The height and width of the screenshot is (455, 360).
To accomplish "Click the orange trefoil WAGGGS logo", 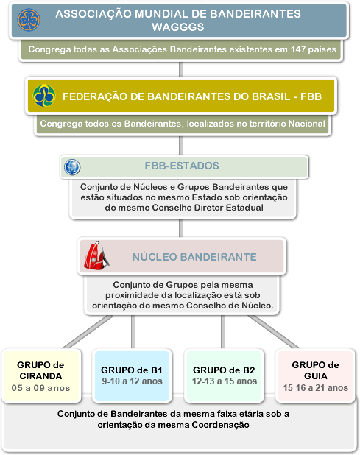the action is pos(29,20).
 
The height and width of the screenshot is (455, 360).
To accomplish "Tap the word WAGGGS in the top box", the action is pos(178,27).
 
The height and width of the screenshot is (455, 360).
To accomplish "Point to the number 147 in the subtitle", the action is pos(298,49).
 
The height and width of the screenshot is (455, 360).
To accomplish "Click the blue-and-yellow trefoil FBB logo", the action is pos(44,96).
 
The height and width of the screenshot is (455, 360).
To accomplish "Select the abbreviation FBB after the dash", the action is pos(311,96).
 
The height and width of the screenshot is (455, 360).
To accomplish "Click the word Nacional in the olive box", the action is pos(306,124).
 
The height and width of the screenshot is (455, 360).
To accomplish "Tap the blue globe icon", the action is pos(72,167).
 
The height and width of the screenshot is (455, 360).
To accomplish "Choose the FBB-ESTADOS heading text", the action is pos(182,166).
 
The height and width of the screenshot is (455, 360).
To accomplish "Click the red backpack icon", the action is pos(96,255).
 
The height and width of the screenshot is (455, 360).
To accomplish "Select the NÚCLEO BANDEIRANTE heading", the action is pos(194,257).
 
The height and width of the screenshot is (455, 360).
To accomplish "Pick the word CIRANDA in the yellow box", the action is pos(40,376).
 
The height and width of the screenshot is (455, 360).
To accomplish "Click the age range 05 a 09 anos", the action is pos(40,388).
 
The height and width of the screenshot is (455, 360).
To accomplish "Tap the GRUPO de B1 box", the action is pos(132,375).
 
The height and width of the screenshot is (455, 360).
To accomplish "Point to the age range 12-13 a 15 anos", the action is pos(225,381).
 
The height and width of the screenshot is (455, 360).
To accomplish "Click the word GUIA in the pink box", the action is pos(316,376).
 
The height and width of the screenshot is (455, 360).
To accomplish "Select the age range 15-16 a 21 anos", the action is pos(316,388).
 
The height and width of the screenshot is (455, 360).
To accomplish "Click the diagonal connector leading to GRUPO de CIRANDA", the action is pos(88,331).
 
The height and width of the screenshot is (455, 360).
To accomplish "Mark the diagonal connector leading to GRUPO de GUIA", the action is pos(274,331).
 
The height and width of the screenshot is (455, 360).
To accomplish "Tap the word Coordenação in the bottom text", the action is pos(220,425).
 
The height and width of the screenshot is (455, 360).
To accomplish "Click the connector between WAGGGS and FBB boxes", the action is pos(181,69).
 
